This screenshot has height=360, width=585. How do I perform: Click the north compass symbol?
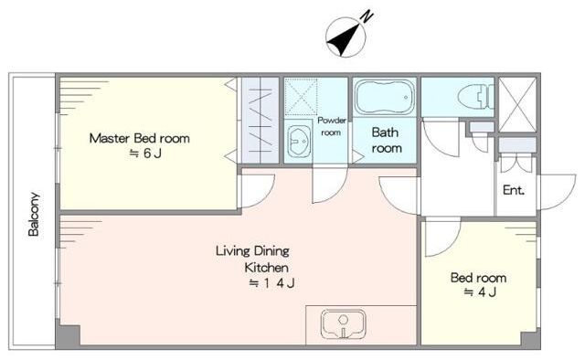[x=346, y=37]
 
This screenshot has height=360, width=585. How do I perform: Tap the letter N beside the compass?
[x=367, y=16]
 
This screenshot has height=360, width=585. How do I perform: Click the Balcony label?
[x=34, y=214]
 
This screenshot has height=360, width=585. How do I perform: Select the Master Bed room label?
[x=140, y=138]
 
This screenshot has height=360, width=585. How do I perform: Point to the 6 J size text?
[x=145, y=154]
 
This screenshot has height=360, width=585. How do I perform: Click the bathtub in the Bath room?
[x=385, y=97]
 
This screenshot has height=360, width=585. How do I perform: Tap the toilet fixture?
[x=475, y=97]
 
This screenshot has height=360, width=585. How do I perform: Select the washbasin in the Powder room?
[x=299, y=141]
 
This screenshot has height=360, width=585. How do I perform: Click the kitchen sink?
[x=344, y=323]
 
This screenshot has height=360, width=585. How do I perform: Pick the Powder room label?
[x=331, y=126]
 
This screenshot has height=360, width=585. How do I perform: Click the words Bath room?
[x=387, y=141]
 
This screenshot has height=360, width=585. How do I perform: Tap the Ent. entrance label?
[x=514, y=190]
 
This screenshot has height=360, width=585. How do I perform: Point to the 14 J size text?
[x=272, y=283]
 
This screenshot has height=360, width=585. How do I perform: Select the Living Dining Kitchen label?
[x=252, y=259]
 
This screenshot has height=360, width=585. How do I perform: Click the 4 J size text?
[x=480, y=292]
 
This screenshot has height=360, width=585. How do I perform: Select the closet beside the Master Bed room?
[x=261, y=121]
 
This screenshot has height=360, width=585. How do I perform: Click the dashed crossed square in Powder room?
[x=301, y=97]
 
